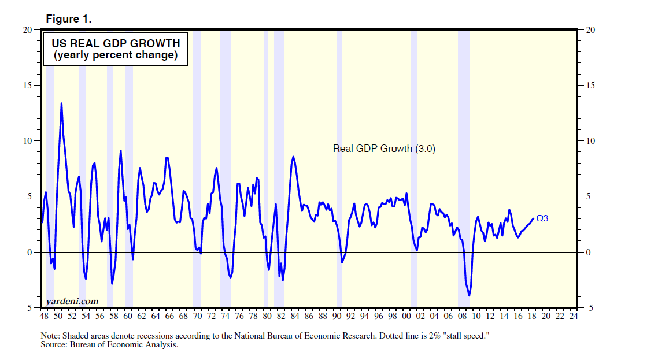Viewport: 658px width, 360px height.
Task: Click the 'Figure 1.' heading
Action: point(68,19)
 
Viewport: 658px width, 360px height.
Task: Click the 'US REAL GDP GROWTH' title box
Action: point(115,49)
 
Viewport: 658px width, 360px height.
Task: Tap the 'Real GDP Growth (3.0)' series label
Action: point(384,149)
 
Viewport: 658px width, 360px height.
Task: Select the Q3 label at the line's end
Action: point(542,218)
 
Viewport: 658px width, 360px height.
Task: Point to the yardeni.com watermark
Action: point(72,301)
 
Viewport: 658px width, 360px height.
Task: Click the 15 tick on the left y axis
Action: point(27,86)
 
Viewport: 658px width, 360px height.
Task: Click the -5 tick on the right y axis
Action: point(589,308)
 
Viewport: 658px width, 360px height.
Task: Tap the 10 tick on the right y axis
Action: point(590,141)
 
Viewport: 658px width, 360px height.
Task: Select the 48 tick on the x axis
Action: point(44,317)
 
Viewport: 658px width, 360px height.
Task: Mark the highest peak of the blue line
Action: point(61,104)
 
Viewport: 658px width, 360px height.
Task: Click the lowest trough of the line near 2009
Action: point(469,296)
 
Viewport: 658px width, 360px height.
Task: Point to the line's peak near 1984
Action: point(294,157)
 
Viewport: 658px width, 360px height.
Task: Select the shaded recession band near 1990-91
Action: point(339,168)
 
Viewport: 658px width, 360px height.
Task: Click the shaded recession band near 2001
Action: point(414,168)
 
